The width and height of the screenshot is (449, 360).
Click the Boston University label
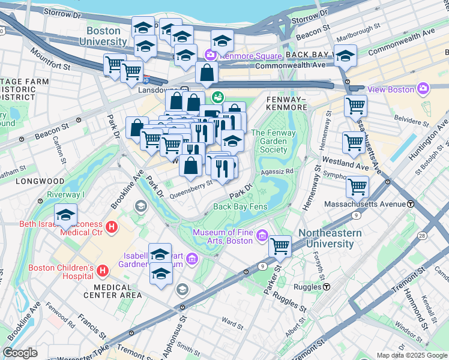[x=107, y=36]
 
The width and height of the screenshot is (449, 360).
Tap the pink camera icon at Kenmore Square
[x=210, y=55]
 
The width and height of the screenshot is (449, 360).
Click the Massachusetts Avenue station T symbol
[x=411, y=204]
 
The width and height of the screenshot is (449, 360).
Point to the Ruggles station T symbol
[x=327, y=286]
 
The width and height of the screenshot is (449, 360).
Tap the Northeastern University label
[x=330, y=238]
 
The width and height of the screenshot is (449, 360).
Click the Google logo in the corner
[x=20, y=352]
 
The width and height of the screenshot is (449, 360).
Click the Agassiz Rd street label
[x=277, y=172]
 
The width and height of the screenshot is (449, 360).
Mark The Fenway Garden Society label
[x=273, y=142]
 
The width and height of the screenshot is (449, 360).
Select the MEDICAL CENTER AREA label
[x=113, y=290]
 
